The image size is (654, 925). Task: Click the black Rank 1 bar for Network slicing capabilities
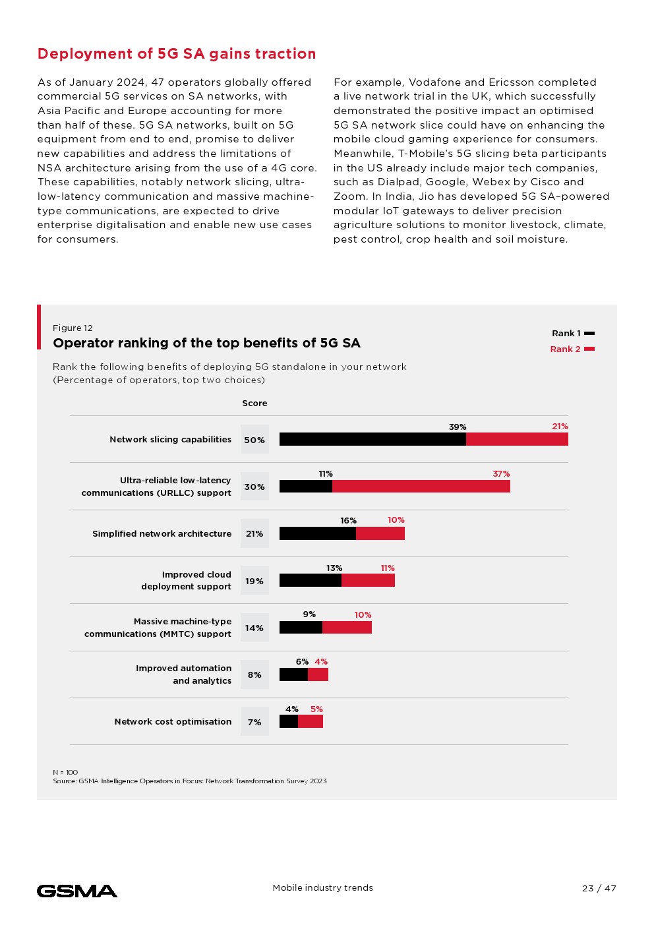[x=372, y=439]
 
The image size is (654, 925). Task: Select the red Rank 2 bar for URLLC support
[x=421, y=486]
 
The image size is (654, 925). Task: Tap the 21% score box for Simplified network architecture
[x=254, y=533]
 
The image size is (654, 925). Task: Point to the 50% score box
[x=254, y=440]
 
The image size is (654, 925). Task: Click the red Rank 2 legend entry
[x=572, y=349]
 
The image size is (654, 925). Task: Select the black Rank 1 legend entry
[x=572, y=333]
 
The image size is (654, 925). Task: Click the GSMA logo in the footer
[x=77, y=891]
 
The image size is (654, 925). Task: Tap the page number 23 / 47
[x=599, y=888]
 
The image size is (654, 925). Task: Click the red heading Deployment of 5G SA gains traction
[x=177, y=54]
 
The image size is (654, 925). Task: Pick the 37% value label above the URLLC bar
[x=501, y=473]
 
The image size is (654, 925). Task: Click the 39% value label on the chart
[x=458, y=427]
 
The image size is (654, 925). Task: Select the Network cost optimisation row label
[x=173, y=721]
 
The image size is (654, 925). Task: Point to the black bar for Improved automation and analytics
[x=293, y=674]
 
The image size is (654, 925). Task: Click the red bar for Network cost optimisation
[x=311, y=721]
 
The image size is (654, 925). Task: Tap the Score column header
[x=254, y=403]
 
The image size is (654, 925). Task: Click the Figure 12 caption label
[x=73, y=328]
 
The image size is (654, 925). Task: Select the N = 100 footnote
[x=65, y=772]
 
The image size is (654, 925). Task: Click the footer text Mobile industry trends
[x=322, y=887]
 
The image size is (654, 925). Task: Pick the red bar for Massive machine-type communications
[x=347, y=627]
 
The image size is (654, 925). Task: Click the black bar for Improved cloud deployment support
[x=311, y=580]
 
